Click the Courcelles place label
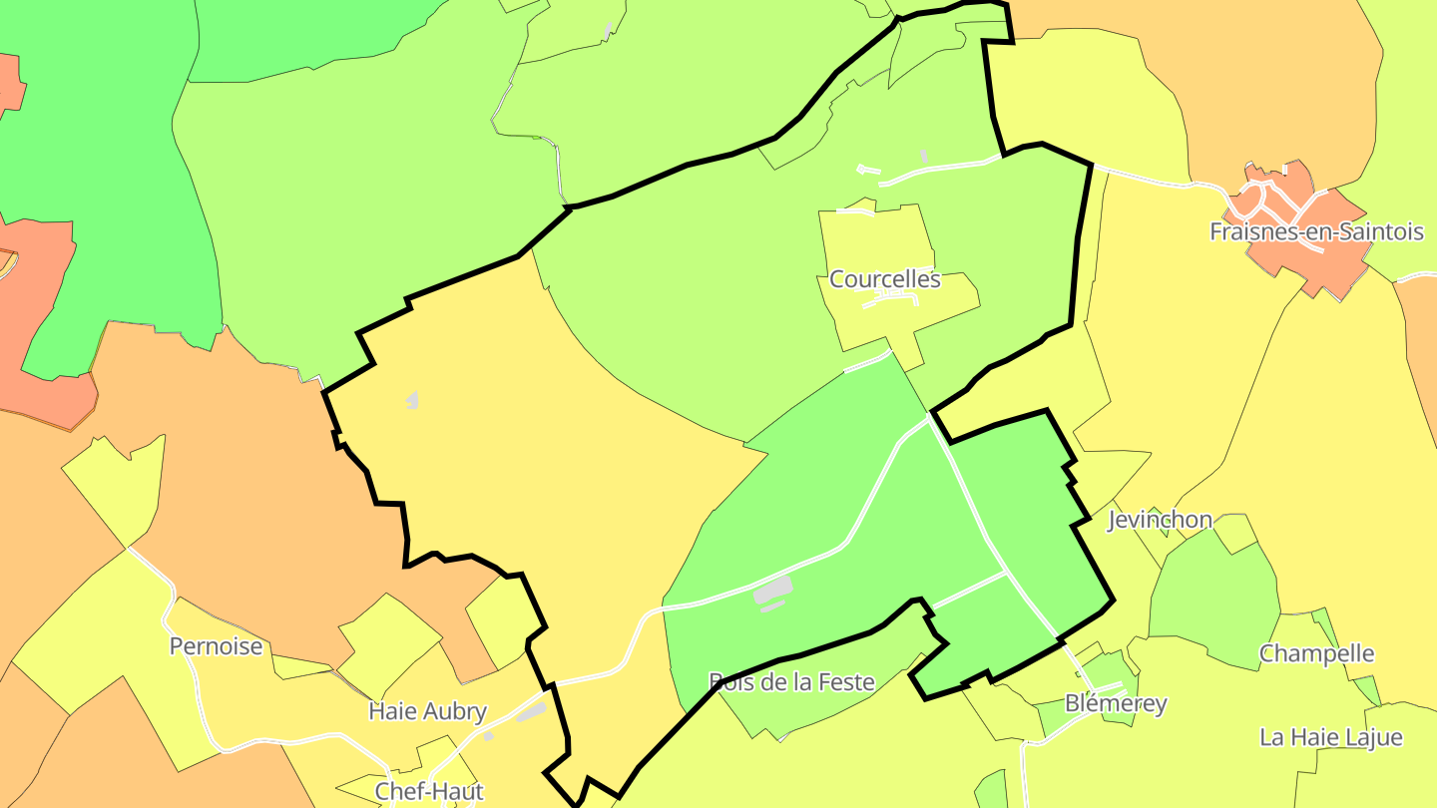tap(885, 279)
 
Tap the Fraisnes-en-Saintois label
tap(1316, 232)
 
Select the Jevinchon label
tap(1160, 520)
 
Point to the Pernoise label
tap(217, 646)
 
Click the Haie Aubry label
tap(427, 711)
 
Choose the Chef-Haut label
tap(429, 791)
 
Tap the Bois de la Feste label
tap(791, 682)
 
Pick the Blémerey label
tap(1116, 703)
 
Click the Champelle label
tap(1316, 654)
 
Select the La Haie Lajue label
tap(1330, 738)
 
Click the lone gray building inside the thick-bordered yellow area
tap(412, 400)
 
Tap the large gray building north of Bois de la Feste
tap(773, 591)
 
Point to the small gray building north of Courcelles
tap(924, 156)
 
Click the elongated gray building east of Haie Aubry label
tap(531, 711)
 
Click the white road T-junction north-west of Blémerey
tap(1005, 573)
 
